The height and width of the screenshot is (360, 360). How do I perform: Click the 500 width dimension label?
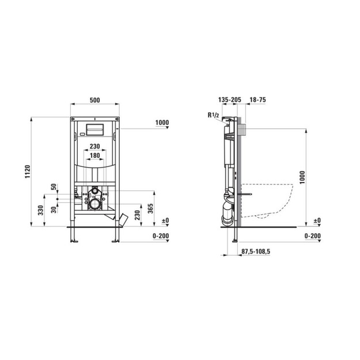coord(95,100)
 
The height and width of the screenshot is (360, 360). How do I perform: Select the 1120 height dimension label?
coord(28,172)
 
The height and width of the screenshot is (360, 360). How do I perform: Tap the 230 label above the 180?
coord(95,146)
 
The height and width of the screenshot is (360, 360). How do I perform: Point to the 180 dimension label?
coord(95,156)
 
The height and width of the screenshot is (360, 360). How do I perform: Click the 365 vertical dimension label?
coord(150,209)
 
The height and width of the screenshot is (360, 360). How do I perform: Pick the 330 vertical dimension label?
coord(41,210)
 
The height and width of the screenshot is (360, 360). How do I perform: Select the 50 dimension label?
coord(54,187)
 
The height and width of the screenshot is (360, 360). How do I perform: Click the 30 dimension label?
coord(54,210)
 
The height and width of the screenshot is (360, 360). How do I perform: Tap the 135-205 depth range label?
coord(230,100)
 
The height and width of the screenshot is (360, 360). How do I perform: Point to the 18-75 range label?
coord(257,100)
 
